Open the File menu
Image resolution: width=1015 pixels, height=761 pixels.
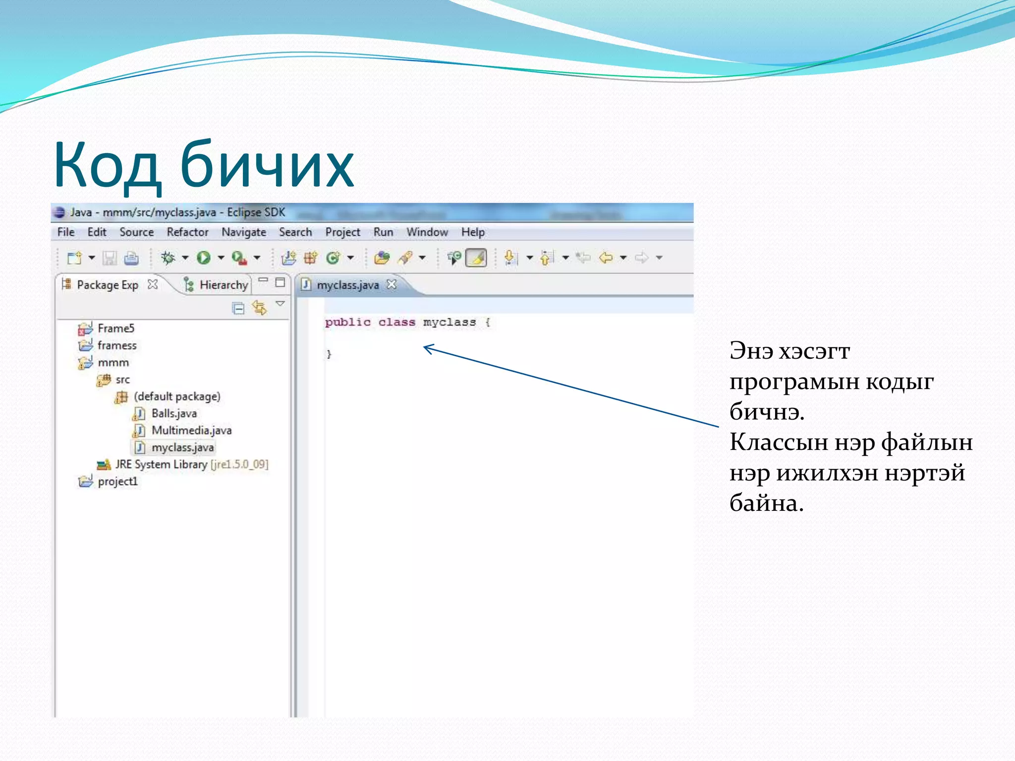pyautogui.click(x=66, y=232)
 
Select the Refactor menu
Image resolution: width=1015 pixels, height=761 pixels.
pyautogui.click(x=187, y=232)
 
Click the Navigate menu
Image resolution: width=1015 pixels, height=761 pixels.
pyautogui.click(x=243, y=232)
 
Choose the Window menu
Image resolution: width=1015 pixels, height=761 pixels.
pyautogui.click(x=427, y=232)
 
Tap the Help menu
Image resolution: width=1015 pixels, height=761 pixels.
pyautogui.click(x=473, y=232)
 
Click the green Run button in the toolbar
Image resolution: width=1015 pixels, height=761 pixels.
pyautogui.click(x=204, y=258)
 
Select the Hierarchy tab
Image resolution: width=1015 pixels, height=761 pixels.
pyautogui.click(x=223, y=285)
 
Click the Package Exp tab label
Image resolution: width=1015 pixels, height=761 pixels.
pyautogui.click(x=107, y=285)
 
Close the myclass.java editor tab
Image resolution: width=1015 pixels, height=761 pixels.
pyautogui.click(x=392, y=284)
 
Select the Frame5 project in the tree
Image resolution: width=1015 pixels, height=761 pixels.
pyautogui.click(x=116, y=328)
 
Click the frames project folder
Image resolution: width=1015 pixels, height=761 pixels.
pyautogui.click(x=117, y=345)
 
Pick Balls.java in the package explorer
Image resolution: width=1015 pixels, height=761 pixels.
pyautogui.click(x=174, y=414)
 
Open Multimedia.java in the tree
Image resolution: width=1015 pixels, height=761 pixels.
pyautogui.click(x=191, y=431)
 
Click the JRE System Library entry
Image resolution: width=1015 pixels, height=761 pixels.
pyautogui.click(x=161, y=465)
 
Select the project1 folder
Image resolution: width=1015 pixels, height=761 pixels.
pyautogui.click(x=117, y=482)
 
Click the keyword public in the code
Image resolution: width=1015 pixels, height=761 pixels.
pyautogui.click(x=347, y=323)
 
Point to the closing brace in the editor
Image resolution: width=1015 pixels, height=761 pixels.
pyautogui.click(x=329, y=354)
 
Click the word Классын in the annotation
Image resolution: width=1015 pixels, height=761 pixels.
pyautogui.click(x=778, y=442)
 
